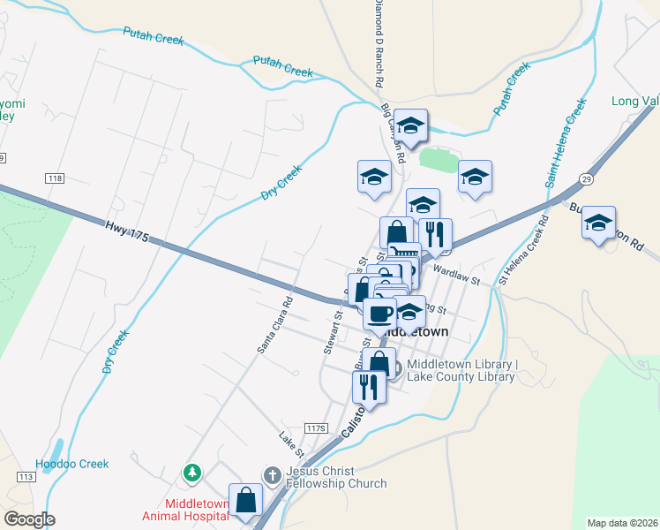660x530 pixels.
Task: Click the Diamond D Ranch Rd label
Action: [378, 42]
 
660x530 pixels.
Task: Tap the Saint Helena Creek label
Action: [565, 141]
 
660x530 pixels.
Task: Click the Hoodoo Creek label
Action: [71, 464]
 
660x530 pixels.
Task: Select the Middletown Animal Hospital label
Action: [186, 511]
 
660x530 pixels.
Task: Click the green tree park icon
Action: [191, 474]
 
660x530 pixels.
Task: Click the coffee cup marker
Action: [380, 313]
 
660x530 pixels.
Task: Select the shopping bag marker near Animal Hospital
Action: [246, 500]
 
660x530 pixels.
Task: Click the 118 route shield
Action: [56, 178]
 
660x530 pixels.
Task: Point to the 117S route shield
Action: [315, 428]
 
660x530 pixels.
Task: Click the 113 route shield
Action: [24, 476]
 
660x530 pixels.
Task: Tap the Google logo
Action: [29, 519]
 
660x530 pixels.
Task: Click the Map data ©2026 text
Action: [622, 523]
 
